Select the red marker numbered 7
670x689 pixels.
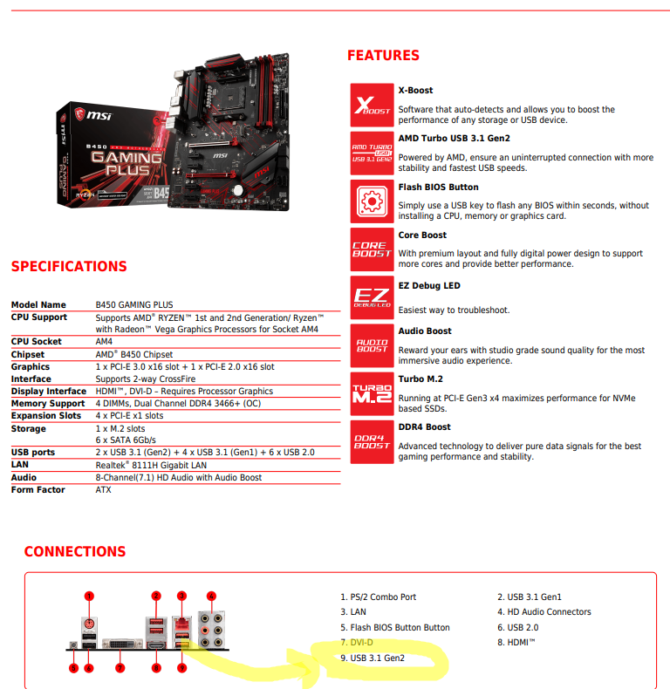(121, 668)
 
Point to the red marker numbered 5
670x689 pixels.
(72, 668)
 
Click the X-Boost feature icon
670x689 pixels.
(372, 106)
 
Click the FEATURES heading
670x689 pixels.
(383, 56)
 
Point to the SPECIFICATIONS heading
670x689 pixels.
(69, 267)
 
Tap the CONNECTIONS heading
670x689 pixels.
(75, 552)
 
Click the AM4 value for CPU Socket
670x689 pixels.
(104, 342)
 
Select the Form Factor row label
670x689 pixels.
(38, 490)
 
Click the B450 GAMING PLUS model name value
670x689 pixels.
(133, 305)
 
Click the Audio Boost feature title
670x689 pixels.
(425, 331)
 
